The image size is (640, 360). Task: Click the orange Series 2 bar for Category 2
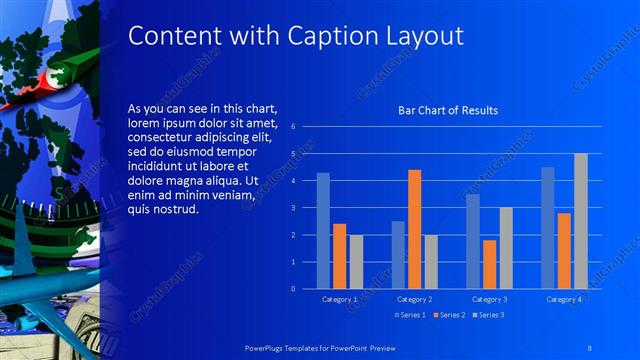pyautogui.click(x=414, y=229)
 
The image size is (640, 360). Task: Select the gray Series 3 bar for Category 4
pyautogui.click(x=581, y=220)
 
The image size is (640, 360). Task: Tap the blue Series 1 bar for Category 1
pyautogui.click(x=323, y=230)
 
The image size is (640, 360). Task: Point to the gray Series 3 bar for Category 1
pyautogui.click(x=356, y=261)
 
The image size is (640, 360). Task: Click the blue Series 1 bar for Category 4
pyautogui.click(x=548, y=227)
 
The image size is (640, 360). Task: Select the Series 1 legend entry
pyautogui.click(x=411, y=315)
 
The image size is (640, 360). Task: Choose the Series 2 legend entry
pyautogui.click(x=449, y=315)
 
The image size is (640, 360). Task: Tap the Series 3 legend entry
pyautogui.click(x=487, y=315)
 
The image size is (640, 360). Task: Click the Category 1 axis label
pyautogui.click(x=340, y=299)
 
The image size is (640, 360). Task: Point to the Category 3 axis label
pyautogui.click(x=490, y=299)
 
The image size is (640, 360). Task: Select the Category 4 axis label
pyautogui.click(x=564, y=299)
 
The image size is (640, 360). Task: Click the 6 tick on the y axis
pyautogui.click(x=292, y=127)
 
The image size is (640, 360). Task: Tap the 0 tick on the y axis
pyautogui.click(x=292, y=288)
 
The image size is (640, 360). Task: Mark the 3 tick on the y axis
pyautogui.click(x=292, y=208)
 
